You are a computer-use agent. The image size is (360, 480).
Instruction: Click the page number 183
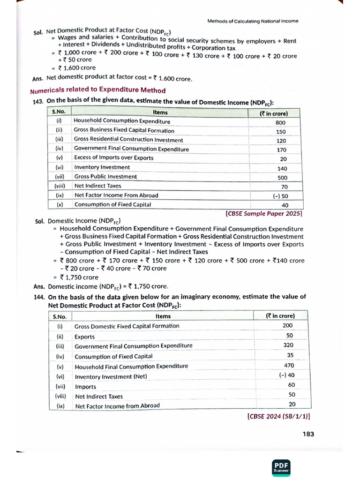pyautogui.click(x=308, y=434)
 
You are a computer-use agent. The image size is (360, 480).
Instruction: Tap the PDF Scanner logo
pyautogui.click(x=282, y=465)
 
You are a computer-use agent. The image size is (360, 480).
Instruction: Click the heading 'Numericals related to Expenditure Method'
pyautogui.click(x=97, y=90)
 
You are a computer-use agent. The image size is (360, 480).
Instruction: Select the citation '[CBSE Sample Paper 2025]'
pyautogui.click(x=264, y=213)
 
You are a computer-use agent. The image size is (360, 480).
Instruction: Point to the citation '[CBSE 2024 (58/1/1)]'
pyautogui.click(x=278, y=415)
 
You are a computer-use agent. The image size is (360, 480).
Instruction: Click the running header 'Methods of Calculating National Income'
pyautogui.click(x=253, y=21)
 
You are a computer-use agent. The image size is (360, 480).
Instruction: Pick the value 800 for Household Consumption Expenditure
pyautogui.click(x=280, y=122)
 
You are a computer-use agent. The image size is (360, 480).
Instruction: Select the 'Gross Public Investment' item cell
pyautogui.click(x=105, y=177)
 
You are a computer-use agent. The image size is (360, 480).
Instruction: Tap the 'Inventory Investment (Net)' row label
pyautogui.click(x=110, y=376)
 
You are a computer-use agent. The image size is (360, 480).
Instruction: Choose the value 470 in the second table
pyautogui.click(x=289, y=365)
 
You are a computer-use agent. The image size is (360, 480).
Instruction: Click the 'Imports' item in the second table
pyautogui.click(x=85, y=387)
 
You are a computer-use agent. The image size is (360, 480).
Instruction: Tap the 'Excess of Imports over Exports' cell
pyautogui.click(x=113, y=158)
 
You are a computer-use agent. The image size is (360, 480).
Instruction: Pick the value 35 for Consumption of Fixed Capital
pyautogui.click(x=290, y=355)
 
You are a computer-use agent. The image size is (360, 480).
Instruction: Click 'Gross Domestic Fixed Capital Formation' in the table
pyautogui.click(x=127, y=326)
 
